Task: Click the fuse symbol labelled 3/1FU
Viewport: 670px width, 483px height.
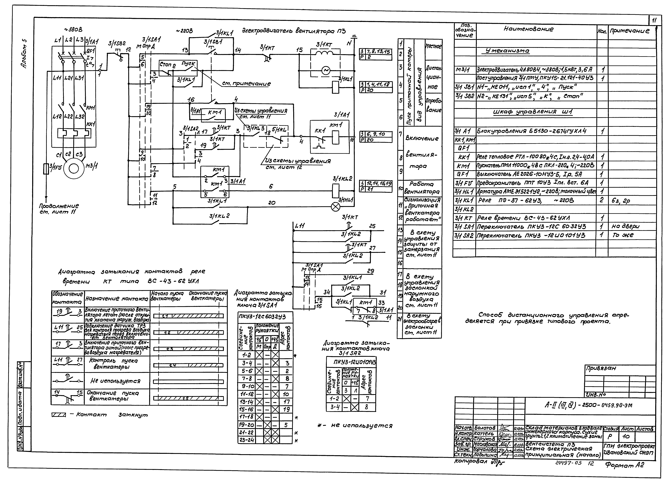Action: [x=46, y=169]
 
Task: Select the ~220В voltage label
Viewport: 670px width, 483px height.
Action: [x=184, y=31]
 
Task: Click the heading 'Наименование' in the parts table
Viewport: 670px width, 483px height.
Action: [x=528, y=29]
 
